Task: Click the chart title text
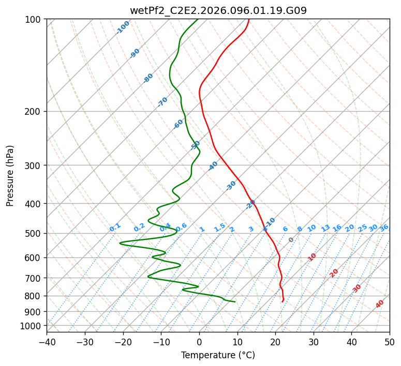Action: [218, 10]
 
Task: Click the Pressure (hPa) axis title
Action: [10, 176]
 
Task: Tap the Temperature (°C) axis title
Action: [218, 355]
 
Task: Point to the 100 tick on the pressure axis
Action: [34, 20]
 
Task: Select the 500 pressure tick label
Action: [34, 234]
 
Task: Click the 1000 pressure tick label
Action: [32, 326]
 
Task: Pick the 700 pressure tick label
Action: [34, 278]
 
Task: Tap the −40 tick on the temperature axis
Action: [47, 342]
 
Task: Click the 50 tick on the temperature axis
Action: [390, 342]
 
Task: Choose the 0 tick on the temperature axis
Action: [199, 342]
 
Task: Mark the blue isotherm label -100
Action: [123, 27]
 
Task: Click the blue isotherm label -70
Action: [162, 102]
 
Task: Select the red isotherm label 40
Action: [380, 304]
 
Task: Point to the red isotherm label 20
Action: [334, 272]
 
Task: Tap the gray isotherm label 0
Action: [291, 240]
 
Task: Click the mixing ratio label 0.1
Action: [115, 227]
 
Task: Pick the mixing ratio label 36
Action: [384, 227]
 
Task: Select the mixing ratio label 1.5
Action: [219, 227]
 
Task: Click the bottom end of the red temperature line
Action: [282, 302]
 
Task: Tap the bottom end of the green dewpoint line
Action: [235, 302]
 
